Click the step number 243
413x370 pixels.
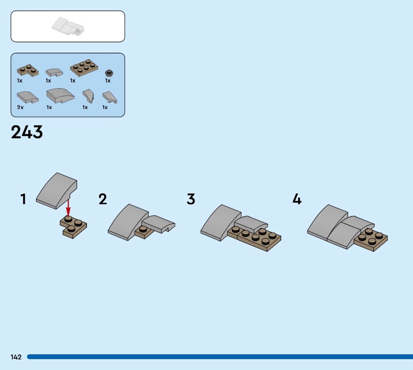click(27, 132)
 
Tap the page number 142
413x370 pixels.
click(15, 357)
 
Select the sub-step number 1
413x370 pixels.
click(23, 199)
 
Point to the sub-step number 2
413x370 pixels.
click(103, 199)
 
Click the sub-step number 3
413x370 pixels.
click(191, 199)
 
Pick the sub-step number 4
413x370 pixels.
click(297, 199)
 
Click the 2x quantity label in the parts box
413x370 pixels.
click(20, 107)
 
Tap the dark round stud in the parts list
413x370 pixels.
click(108, 72)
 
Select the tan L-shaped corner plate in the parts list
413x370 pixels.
click(28, 71)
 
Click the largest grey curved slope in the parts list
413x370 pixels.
click(60, 96)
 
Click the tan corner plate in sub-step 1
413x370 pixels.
click(74, 226)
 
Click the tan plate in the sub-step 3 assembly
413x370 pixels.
click(258, 239)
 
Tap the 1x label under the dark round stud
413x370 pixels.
click(108, 80)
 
